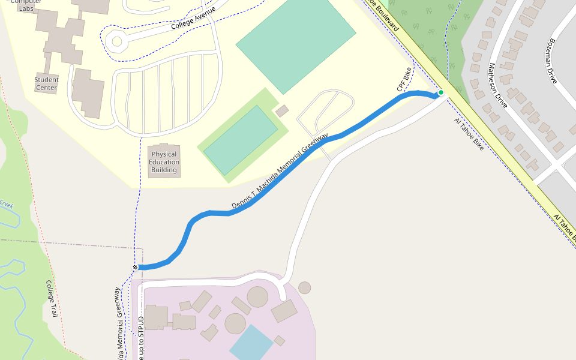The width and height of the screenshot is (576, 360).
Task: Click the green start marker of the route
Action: coord(440,92)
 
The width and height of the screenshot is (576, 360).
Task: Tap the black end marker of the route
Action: coord(135,267)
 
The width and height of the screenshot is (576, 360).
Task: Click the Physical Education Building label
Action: coord(164,162)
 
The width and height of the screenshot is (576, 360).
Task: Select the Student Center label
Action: coord(46,83)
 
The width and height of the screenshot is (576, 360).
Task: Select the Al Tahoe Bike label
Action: coord(469,134)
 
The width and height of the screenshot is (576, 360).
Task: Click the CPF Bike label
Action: coord(404,80)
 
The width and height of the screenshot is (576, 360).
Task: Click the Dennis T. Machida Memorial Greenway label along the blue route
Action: coord(280,172)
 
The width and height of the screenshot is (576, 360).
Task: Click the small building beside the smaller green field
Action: coord(281,111)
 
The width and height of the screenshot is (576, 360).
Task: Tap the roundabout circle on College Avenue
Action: coord(116,42)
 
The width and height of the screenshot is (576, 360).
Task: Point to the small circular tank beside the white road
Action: coord(305,287)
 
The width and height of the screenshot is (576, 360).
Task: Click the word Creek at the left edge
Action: coord(7,204)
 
